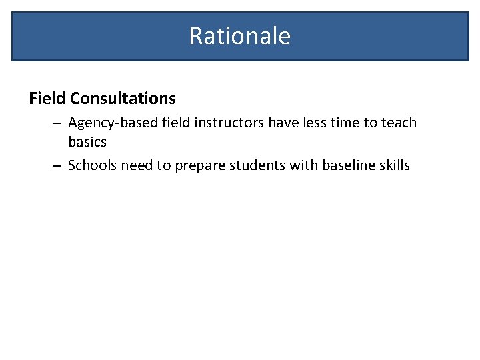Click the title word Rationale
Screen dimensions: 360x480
239,35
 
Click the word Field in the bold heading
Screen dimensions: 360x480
47,99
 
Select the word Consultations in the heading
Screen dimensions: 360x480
123,99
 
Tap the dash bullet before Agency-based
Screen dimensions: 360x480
57,123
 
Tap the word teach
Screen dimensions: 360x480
399,123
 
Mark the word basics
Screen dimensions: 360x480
87,142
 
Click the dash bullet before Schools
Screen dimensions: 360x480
57,165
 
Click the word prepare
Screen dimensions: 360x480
200,166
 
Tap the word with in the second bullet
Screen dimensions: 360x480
303,165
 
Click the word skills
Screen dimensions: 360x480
395,165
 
